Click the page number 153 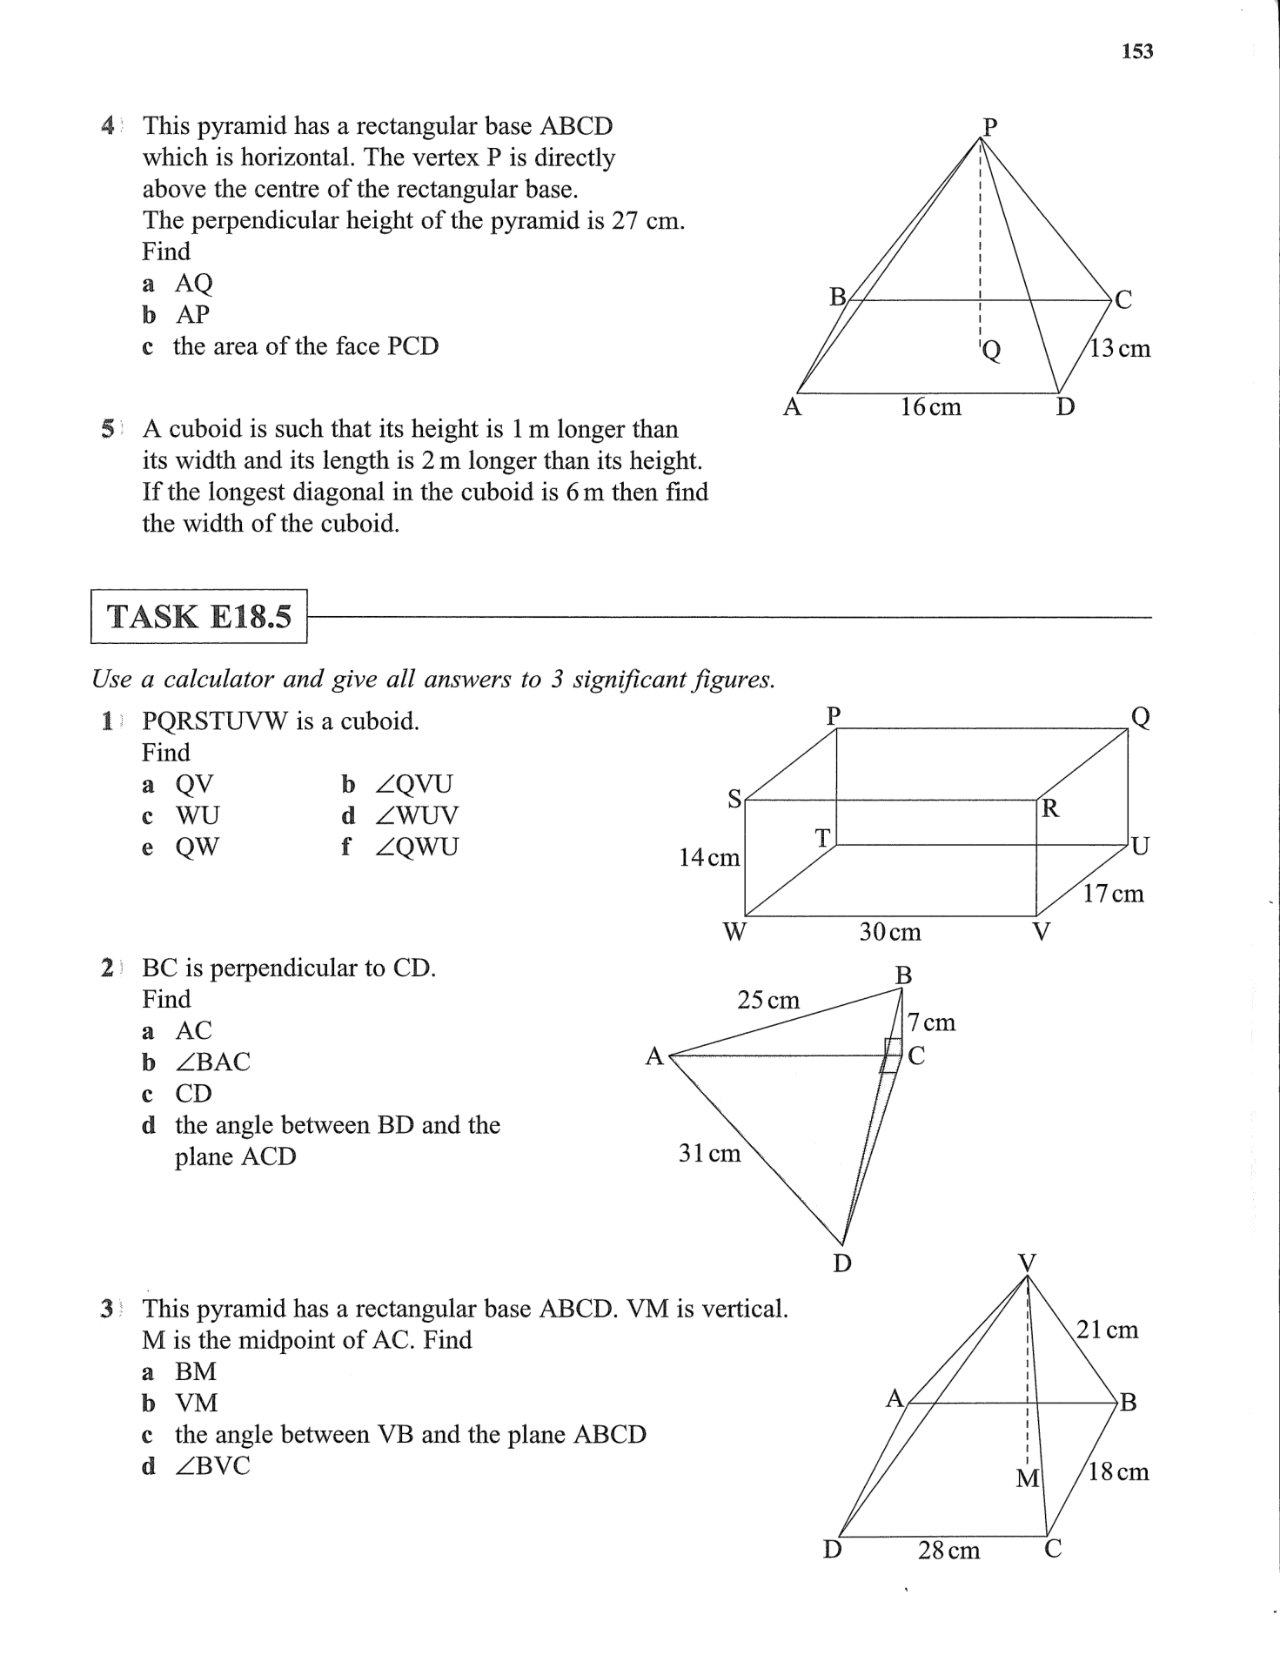point(1137,51)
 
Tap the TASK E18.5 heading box point(199,617)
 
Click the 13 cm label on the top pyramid point(1120,349)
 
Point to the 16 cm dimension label point(930,407)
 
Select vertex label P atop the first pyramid point(989,126)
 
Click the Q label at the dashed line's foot point(991,351)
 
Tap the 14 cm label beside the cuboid point(709,858)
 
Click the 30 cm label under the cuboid point(889,933)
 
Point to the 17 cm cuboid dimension point(1113,894)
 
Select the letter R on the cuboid point(1050,809)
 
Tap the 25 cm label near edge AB point(768,1000)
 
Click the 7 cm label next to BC point(931,1022)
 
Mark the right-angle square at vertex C point(892,1055)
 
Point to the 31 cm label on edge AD point(709,1154)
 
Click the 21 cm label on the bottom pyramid point(1107,1330)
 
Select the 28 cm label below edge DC point(948,1551)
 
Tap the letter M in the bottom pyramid point(1028,1478)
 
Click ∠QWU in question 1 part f point(416,847)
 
